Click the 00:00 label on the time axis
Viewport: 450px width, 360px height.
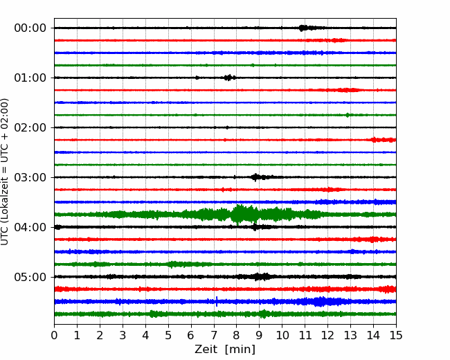[x=30, y=28]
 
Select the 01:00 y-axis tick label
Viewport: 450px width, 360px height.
[x=30, y=78]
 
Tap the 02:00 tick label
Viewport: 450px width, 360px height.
[x=30, y=128]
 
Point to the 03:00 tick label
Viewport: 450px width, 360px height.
[x=30, y=177]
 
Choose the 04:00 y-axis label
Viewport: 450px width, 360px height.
[x=30, y=227]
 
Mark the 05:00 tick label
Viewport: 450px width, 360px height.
[x=30, y=278]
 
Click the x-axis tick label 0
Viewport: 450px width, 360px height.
[x=54, y=335]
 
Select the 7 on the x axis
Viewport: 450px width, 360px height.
[x=214, y=335]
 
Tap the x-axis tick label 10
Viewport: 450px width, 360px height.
[x=282, y=335]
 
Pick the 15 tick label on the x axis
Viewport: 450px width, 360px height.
[x=396, y=335]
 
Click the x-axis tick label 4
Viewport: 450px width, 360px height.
[x=145, y=335]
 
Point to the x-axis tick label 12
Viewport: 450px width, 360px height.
[x=327, y=335]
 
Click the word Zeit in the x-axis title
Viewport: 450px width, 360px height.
[x=206, y=350]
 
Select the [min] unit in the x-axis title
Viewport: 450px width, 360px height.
[x=240, y=350]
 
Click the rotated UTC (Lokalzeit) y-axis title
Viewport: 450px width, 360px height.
[x=5, y=172]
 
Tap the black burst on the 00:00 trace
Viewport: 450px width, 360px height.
[x=302, y=28]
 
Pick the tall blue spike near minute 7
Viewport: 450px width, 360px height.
[x=217, y=301]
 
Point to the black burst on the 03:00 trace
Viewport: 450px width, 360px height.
[x=255, y=177]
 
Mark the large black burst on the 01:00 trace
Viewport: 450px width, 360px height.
[x=228, y=78]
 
